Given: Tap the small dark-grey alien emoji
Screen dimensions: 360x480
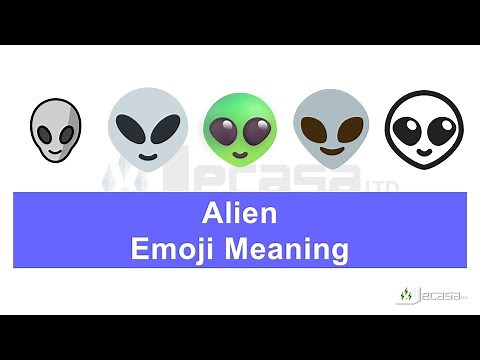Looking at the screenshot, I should click(x=55, y=129).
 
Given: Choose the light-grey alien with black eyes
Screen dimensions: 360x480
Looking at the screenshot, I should click(x=147, y=129).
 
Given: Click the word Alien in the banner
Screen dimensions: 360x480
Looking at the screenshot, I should click(x=239, y=213).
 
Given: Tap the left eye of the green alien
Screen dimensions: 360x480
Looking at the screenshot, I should click(x=226, y=131).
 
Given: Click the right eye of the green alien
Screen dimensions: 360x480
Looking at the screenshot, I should click(x=255, y=131).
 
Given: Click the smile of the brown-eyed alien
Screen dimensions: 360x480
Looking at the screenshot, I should click(x=331, y=153).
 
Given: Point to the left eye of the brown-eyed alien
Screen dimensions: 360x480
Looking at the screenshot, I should click(x=315, y=130).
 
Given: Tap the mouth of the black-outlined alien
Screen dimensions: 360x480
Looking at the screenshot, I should click(x=423, y=152).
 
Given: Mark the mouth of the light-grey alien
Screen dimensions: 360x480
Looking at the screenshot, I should click(x=147, y=156).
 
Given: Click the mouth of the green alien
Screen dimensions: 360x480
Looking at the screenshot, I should click(x=240, y=155).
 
